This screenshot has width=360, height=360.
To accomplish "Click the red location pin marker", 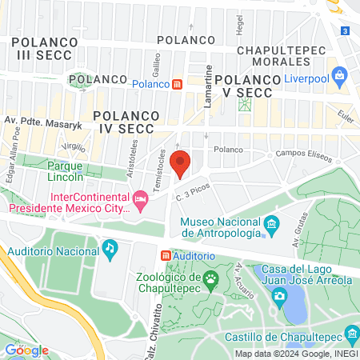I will click(x=180, y=162).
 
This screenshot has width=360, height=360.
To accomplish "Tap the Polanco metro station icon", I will click(x=178, y=83).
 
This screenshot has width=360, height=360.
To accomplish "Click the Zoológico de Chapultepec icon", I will click(x=211, y=279).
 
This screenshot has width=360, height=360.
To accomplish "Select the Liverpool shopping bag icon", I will click(x=341, y=77).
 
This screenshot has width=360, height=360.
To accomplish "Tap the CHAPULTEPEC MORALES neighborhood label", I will click(x=282, y=56).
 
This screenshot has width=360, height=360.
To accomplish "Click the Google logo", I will click(x=26, y=350).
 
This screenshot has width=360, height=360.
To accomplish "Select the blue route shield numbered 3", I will click(x=344, y=30).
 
